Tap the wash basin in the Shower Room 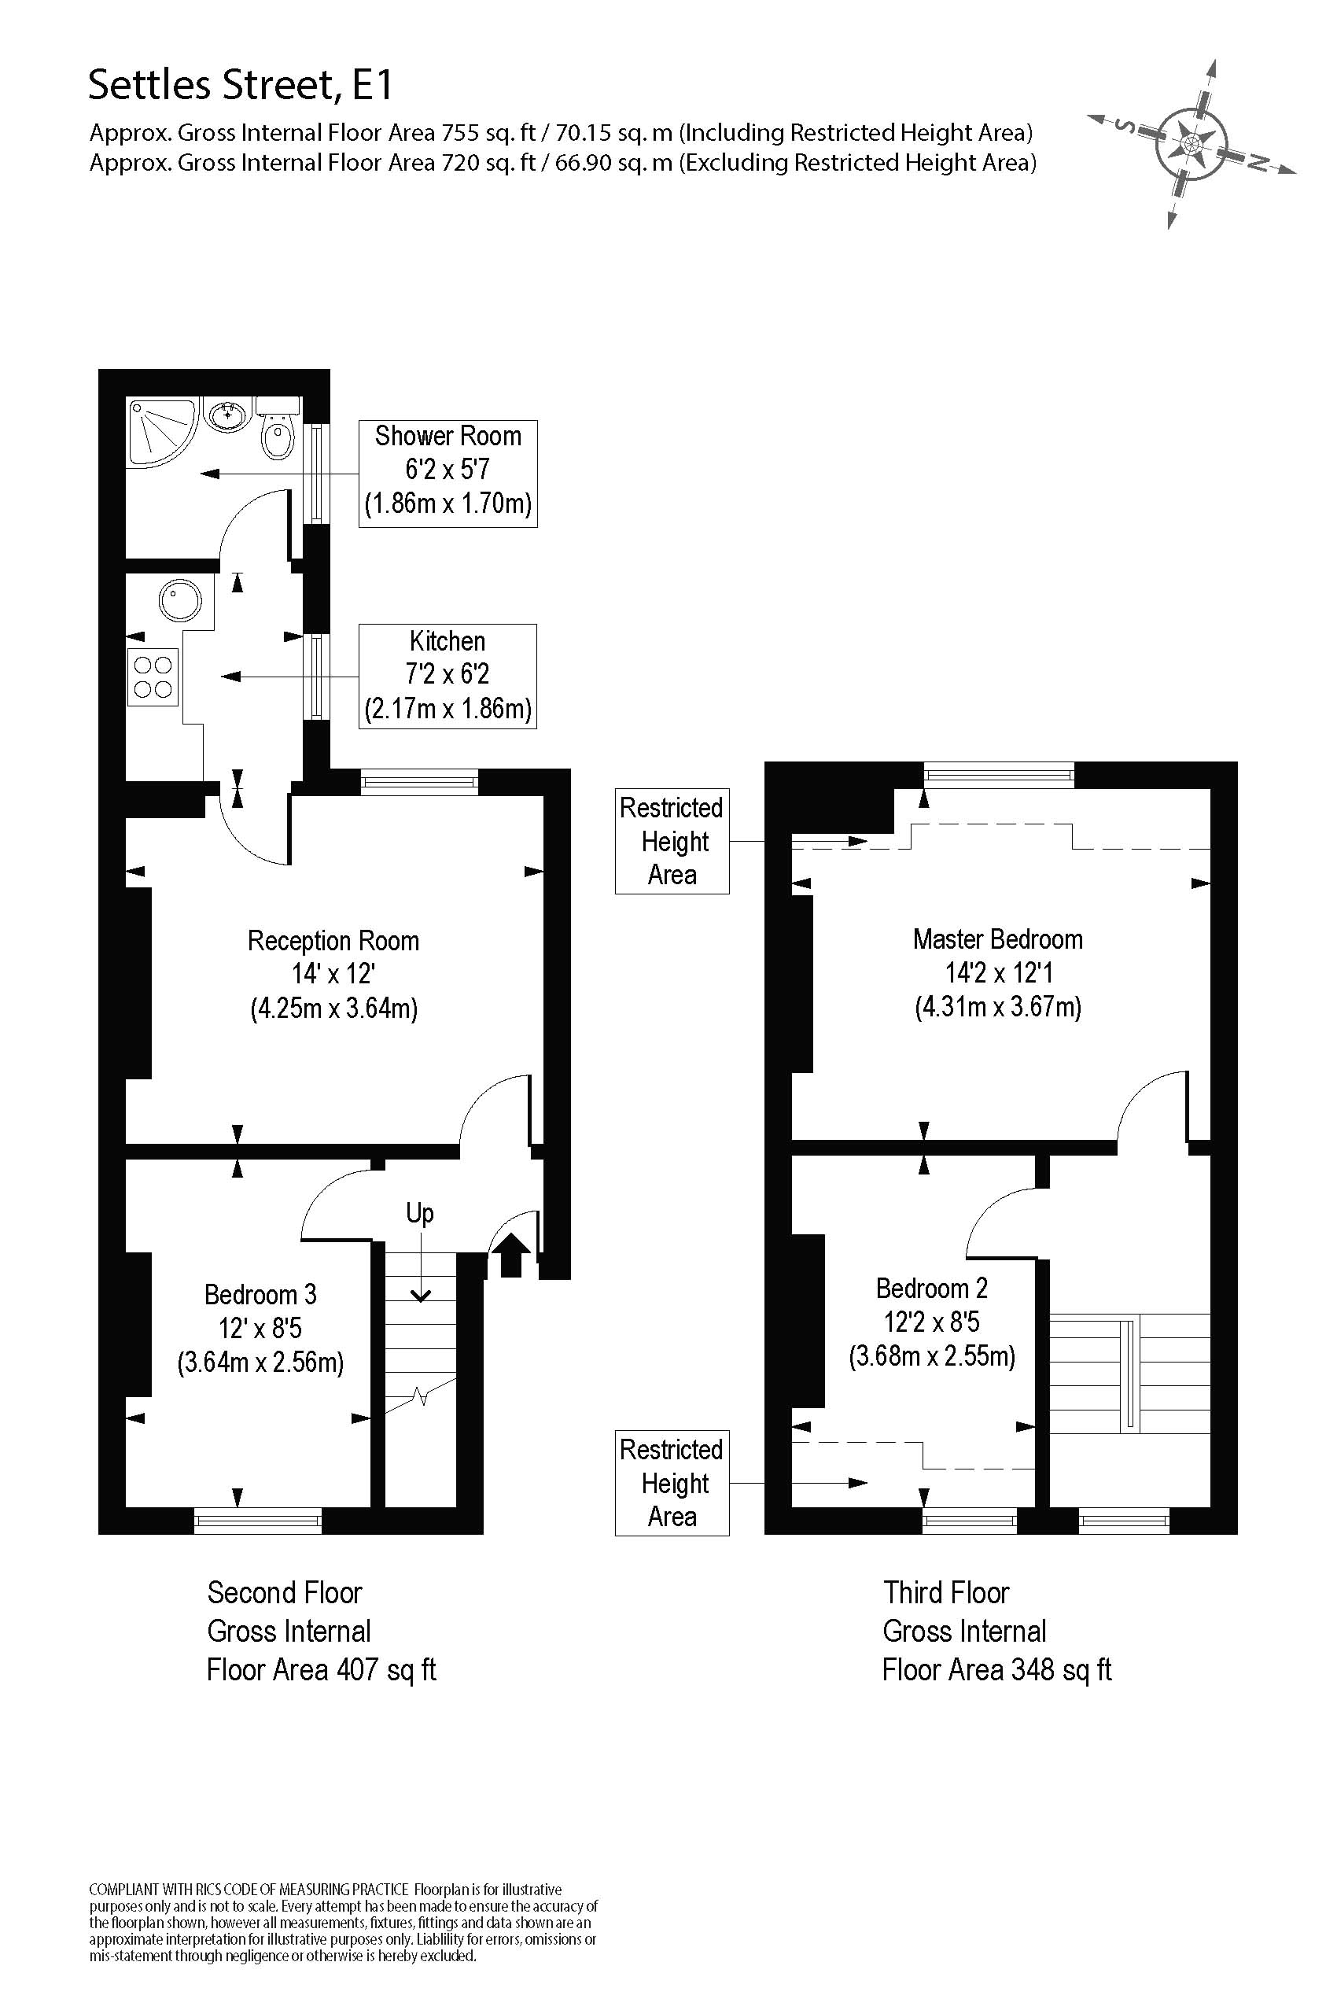pos(227,415)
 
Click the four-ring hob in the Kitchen pos(153,677)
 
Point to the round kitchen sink pos(180,599)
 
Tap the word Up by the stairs pos(419,1214)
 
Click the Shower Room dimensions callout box pos(448,474)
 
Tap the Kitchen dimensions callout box pos(448,676)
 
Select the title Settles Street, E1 pos(241,85)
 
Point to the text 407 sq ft pos(386,1669)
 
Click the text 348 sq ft pos(1062,1669)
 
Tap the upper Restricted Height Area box pos(672,841)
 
